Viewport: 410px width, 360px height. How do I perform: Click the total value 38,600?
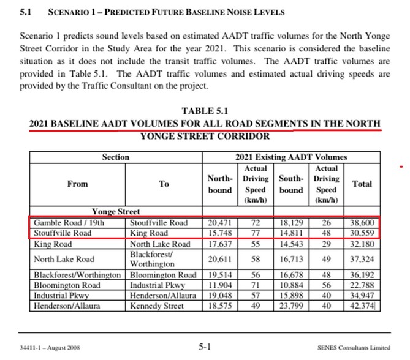362,223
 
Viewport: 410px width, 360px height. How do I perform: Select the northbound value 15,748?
221,233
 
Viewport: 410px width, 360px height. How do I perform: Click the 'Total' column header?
362,184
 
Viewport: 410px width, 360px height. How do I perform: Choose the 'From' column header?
78,184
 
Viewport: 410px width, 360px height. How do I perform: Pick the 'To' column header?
164,184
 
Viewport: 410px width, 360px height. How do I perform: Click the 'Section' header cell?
116,157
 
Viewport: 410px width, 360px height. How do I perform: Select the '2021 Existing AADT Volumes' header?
290,157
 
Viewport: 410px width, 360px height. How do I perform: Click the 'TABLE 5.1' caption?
204,111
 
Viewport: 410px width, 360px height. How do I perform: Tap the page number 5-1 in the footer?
205,347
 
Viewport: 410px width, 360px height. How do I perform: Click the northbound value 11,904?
221,285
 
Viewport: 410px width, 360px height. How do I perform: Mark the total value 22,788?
362,285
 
